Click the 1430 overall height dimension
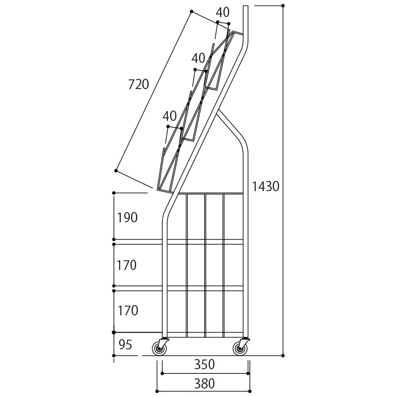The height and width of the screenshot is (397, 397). tap(265, 187)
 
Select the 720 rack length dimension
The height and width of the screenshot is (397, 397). tap(138, 85)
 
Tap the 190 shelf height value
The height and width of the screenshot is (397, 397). tap(128, 217)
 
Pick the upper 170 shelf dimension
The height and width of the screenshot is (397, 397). tap(126, 265)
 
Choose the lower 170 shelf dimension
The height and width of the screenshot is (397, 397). tap(128, 311)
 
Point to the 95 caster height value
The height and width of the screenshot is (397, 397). tap(125, 345)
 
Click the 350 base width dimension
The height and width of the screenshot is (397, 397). tap(205, 365)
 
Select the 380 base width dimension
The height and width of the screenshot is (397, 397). tap(205, 383)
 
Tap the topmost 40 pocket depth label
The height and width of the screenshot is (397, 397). tap(223, 12)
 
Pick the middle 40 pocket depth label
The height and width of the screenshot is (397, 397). tap(198, 58)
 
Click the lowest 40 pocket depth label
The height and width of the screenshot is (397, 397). tap(170, 116)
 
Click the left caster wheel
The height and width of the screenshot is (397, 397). tap(159, 349)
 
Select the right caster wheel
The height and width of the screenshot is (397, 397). tap(240, 349)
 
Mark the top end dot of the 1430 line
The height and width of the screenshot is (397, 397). tap(283, 6)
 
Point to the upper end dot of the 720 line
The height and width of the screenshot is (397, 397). tap(192, 11)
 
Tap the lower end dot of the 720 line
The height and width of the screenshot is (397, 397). tap(116, 171)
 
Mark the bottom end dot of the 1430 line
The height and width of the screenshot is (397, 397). tap(283, 356)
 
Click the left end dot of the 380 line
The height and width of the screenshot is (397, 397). tap(157, 391)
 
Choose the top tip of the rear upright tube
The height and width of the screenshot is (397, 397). tap(246, 6)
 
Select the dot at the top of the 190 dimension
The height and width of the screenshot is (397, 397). tap(113, 193)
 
